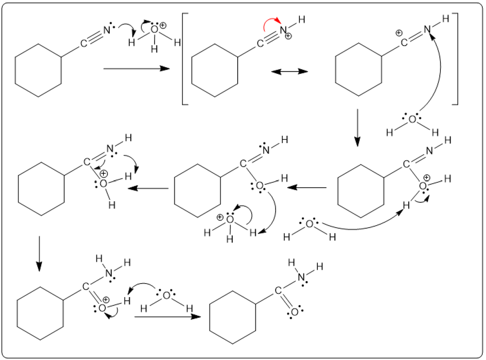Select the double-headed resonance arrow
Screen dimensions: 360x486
click(x=290, y=72)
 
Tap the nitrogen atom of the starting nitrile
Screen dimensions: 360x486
click(x=106, y=29)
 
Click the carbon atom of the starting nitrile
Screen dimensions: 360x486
click(x=84, y=43)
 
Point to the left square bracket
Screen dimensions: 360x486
click(x=185, y=59)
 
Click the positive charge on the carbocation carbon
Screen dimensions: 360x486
click(x=398, y=33)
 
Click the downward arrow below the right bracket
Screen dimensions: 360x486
click(x=357, y=127)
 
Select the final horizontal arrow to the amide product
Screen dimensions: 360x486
click(x=168, y=317)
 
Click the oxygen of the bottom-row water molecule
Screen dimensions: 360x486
click(x=166, y=295)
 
